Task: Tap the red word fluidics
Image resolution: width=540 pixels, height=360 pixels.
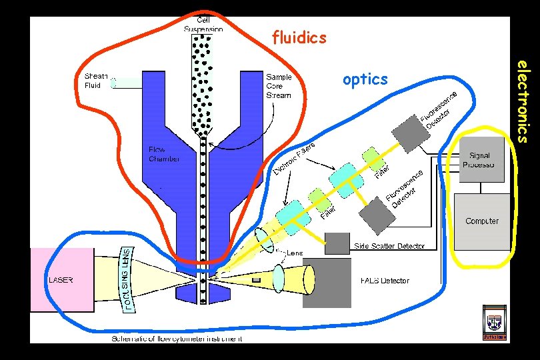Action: click(x=299, y=37)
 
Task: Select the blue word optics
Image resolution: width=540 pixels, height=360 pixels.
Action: click(x=365, y=79)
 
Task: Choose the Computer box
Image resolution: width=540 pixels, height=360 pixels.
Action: click(x=482, y=221)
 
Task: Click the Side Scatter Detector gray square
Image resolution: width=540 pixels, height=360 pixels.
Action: click(x=337, y=243)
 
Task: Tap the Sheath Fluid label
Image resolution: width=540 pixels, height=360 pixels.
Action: click(x=96, y=81)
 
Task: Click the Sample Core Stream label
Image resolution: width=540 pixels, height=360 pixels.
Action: click(x=279, y=86)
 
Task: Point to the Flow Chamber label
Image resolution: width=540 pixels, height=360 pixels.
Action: click(x=163, y=154)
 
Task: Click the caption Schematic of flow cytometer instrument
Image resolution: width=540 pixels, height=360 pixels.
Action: click(x=176, y=339)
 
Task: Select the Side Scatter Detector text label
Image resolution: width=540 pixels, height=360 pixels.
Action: click(x=389, y=247)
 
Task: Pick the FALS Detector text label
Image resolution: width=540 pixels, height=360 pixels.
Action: click(x=385, y=281)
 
